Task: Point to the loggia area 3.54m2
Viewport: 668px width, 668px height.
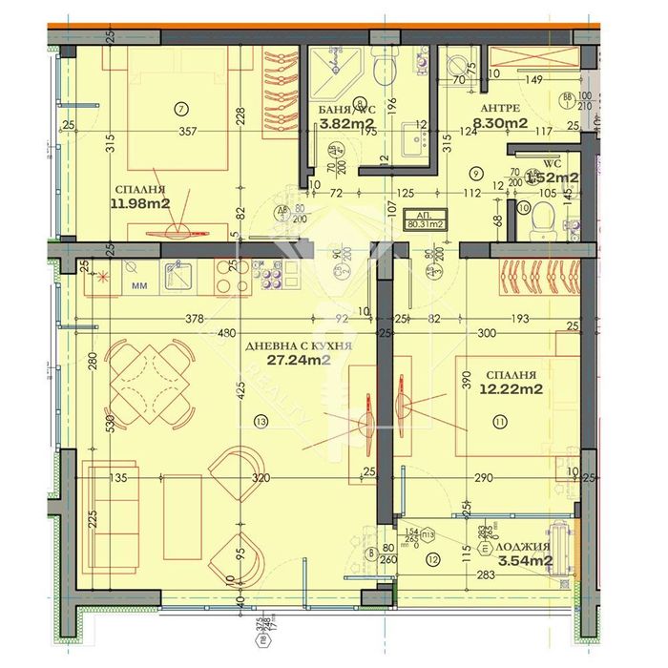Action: coord(529,561)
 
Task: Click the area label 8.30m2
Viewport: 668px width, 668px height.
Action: coord(503,122)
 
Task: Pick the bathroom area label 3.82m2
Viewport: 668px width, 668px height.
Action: coord(345,123)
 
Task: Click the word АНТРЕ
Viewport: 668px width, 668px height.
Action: coord(500,108)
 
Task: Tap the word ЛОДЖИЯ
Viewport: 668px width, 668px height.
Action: coord(528,547)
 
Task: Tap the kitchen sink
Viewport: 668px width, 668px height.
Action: coord(177,275)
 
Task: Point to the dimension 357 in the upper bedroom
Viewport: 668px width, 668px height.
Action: coord(193,132)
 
